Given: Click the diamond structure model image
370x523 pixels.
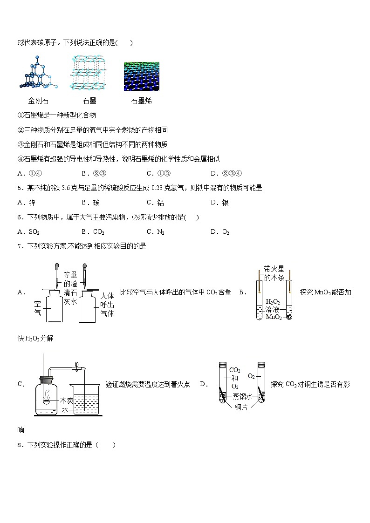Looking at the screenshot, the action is (38, 73).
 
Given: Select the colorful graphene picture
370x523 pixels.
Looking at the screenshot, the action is (142, 76).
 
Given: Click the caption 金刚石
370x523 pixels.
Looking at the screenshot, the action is (38, 101).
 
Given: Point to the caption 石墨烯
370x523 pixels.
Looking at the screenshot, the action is (141, 101).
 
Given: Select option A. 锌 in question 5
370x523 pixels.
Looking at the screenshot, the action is (26, 203).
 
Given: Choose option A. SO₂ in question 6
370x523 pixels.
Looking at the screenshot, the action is (28, 232).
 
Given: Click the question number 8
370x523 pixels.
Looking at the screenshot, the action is (20, 445).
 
